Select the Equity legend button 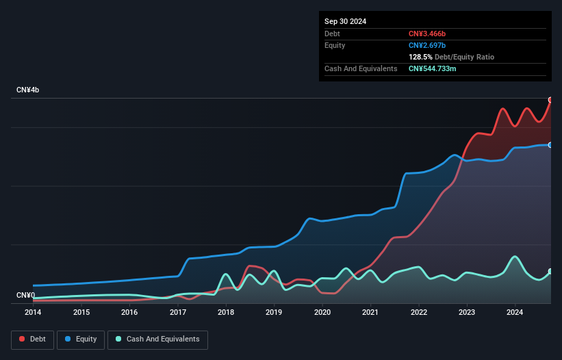point(81,339)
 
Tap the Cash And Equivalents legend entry point(157,339)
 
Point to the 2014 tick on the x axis point(33,313)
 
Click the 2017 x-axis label point(178,313)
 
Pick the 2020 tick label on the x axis point(322,313)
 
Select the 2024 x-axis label point(515,313)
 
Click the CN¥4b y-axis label point(28,90)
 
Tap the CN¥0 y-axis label point(25,296)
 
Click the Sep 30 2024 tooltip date point(346,21)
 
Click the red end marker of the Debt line point(550,100)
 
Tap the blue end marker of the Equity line point(550,145)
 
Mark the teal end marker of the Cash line point(550,272)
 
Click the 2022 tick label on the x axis point(419,313)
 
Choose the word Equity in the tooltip point(335,45)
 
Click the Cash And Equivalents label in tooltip point(361,68)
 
